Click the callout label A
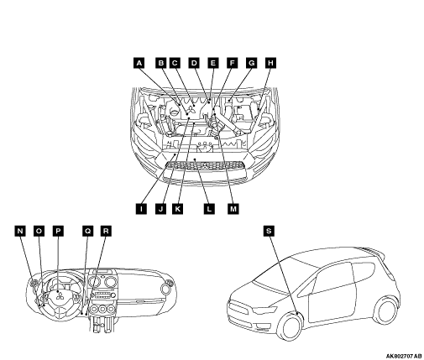point(139,63)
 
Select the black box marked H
point(270,63)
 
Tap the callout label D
point(194,63)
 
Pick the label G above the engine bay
point(251,63)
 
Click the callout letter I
point(141,209)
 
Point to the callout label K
point(178,209)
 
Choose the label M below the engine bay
point(233,209)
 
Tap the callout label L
point(209,209)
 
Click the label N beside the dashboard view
point(20,231)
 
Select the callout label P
point(58,231)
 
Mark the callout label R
point(106,231)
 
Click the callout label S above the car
point(269,231)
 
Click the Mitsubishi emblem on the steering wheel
point(59,295)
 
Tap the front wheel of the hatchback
point(291,326)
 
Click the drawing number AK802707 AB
point(404,356)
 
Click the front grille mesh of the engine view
point(206,165)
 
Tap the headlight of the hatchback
point(264,310)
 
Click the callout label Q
point(88,231)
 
